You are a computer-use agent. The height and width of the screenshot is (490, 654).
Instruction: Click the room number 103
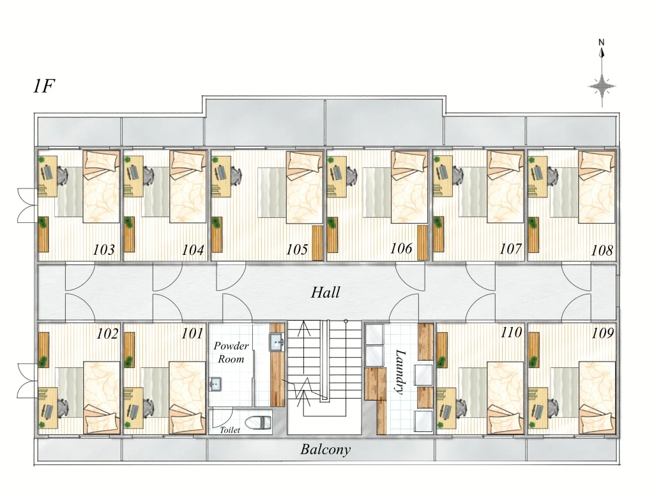[x=103, y=250]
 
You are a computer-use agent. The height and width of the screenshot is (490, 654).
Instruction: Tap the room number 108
[x=602, y=250]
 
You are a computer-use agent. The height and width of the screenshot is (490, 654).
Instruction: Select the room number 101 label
[x=192, y=334]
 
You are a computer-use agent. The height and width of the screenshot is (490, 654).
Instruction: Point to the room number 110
[x=511, y=333]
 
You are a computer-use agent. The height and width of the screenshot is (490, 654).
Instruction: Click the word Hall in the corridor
[x=325, y=292]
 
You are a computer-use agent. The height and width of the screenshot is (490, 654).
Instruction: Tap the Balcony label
[x=325, y=450]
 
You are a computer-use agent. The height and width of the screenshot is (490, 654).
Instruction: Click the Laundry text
[x=400, y=372]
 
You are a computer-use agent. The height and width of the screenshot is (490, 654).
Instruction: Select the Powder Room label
[x=231, y=352]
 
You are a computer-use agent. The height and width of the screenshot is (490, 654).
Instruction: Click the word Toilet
[x=230, y=430]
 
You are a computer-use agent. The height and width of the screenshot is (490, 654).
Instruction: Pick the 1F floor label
[x=44, y=86]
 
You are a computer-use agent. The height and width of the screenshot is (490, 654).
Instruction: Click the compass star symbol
[x=602, y=87]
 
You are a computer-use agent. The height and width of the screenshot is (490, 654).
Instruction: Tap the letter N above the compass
[x=602, y=42]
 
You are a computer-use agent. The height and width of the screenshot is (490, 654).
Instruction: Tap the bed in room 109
[x=597, y=398]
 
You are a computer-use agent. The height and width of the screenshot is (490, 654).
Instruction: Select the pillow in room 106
[x=409, y=161]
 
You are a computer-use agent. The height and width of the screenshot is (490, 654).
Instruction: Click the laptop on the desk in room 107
[x=443, y=172]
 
